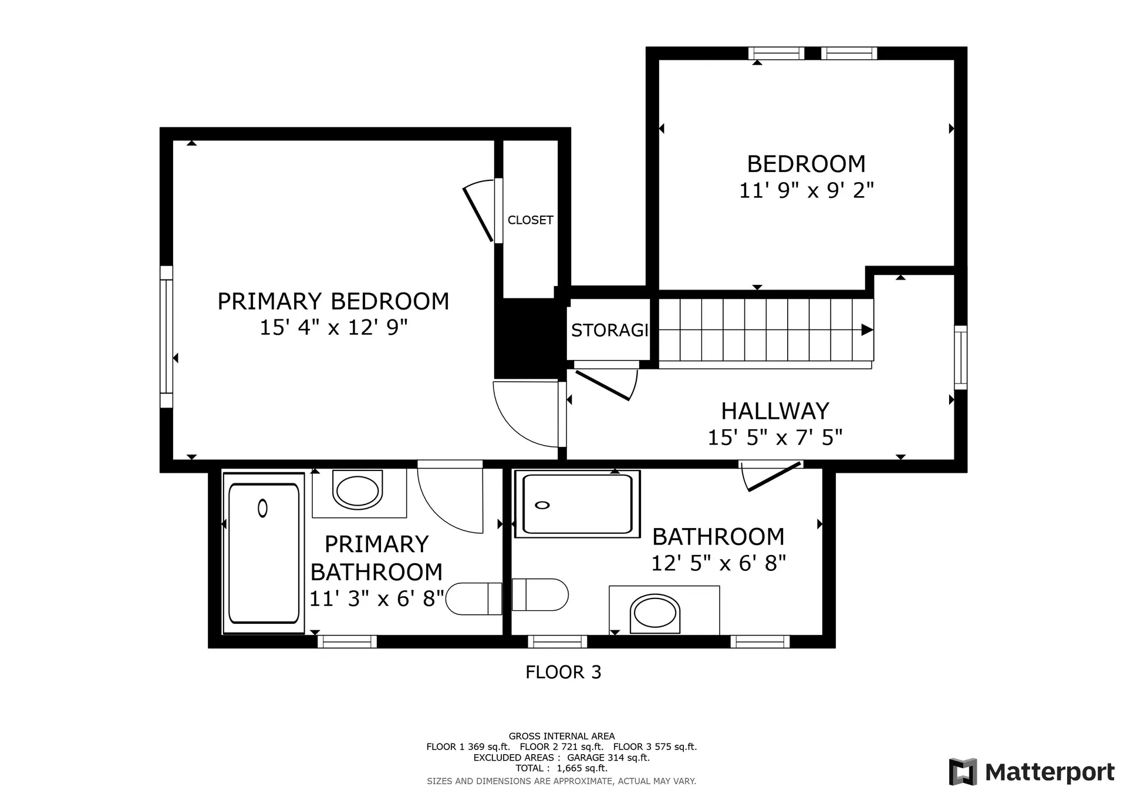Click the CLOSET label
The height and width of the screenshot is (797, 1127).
point(530,220)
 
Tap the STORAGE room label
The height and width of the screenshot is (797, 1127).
point(609,330)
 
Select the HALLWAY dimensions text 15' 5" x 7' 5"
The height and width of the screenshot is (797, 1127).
point(775,438)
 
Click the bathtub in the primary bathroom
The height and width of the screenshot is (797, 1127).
point(264,553)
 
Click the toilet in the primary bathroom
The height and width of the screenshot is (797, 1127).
point(474,598)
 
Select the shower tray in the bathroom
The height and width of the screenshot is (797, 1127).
point(577,505)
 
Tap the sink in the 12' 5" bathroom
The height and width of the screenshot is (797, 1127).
point(655,613)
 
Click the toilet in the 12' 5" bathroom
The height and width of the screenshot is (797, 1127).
point(540,594)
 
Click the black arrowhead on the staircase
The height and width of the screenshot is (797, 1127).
point(866,330)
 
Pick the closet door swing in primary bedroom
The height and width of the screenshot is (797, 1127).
point(480,211)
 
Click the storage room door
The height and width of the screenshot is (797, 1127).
point(605,384)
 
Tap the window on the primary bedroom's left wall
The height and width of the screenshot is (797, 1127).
point(167,337)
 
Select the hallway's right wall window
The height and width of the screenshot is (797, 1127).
point(960,357)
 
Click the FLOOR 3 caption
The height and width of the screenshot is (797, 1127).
point(563,672)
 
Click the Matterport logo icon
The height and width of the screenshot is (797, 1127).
point(963,772)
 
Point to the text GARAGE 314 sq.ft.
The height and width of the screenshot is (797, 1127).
point(608,758)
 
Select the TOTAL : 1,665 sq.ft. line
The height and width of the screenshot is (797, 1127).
point(561,768)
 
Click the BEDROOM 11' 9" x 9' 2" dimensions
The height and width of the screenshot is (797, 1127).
point(806,191)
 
